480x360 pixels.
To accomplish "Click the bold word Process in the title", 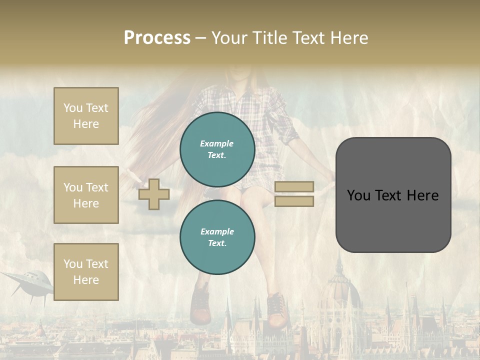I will click(157, 38).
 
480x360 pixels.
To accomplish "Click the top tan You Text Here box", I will click(86, 116).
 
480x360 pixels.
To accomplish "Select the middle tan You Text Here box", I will click(86, 195).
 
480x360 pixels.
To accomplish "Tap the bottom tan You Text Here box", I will click(86, 272).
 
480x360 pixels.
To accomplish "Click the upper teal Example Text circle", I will click(217, 149).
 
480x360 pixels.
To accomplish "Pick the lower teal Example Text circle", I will click(217, 237).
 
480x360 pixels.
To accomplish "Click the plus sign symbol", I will click(154, 194).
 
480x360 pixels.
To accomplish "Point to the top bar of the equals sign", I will click(294, 186).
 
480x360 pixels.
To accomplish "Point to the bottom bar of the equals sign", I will click(294, 201).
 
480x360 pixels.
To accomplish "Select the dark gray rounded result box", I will click(393, 194).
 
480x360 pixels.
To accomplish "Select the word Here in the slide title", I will click(349, 38).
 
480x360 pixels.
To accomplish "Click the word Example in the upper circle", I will click(217, 143).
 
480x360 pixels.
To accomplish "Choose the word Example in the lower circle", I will click(217, 231).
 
